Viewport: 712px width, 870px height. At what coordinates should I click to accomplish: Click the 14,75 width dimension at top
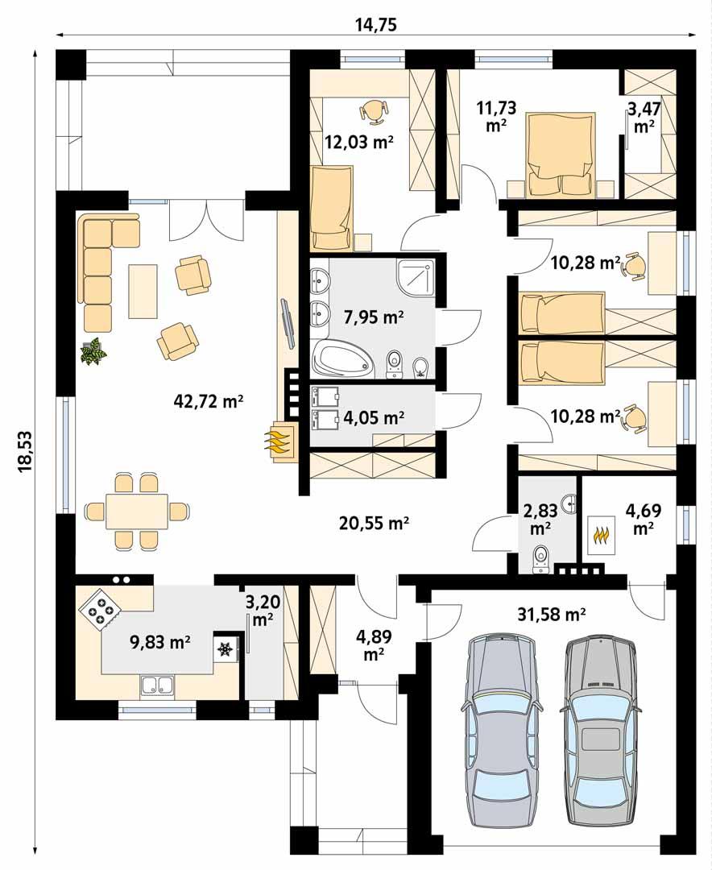point(375,24)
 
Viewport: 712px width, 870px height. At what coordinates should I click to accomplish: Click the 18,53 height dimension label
point(23,451)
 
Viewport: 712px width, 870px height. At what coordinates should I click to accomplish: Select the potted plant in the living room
point(94,352)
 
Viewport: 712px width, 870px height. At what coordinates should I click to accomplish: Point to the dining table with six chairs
point(135,512)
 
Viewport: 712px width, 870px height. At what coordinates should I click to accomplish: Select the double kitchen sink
point(159,686)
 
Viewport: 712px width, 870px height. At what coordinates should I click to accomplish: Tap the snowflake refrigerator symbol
point(226,648)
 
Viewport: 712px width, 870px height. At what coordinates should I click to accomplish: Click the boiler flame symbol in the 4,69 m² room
point(600,536)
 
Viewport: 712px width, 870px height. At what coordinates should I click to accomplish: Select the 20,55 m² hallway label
point(374,524)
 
